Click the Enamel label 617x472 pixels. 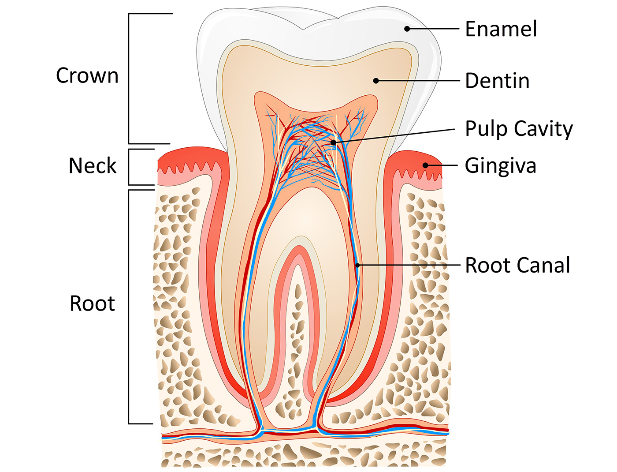501,29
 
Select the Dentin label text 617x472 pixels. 497,81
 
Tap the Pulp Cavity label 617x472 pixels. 519,129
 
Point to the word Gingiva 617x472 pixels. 501,166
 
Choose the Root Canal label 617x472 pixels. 517,266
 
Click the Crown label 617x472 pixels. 87,75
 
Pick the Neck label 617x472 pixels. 93,166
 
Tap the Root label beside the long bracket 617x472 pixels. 92,303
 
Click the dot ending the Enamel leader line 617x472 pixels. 407,29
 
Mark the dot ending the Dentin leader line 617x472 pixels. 376,81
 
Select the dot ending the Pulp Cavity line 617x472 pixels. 334,142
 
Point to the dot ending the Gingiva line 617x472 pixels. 425,165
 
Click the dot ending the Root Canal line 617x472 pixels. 358,265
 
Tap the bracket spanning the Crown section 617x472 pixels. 129,79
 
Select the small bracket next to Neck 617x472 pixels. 129,167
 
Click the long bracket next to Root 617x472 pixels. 129,307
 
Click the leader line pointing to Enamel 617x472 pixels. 434,29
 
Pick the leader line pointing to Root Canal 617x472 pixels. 410,265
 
